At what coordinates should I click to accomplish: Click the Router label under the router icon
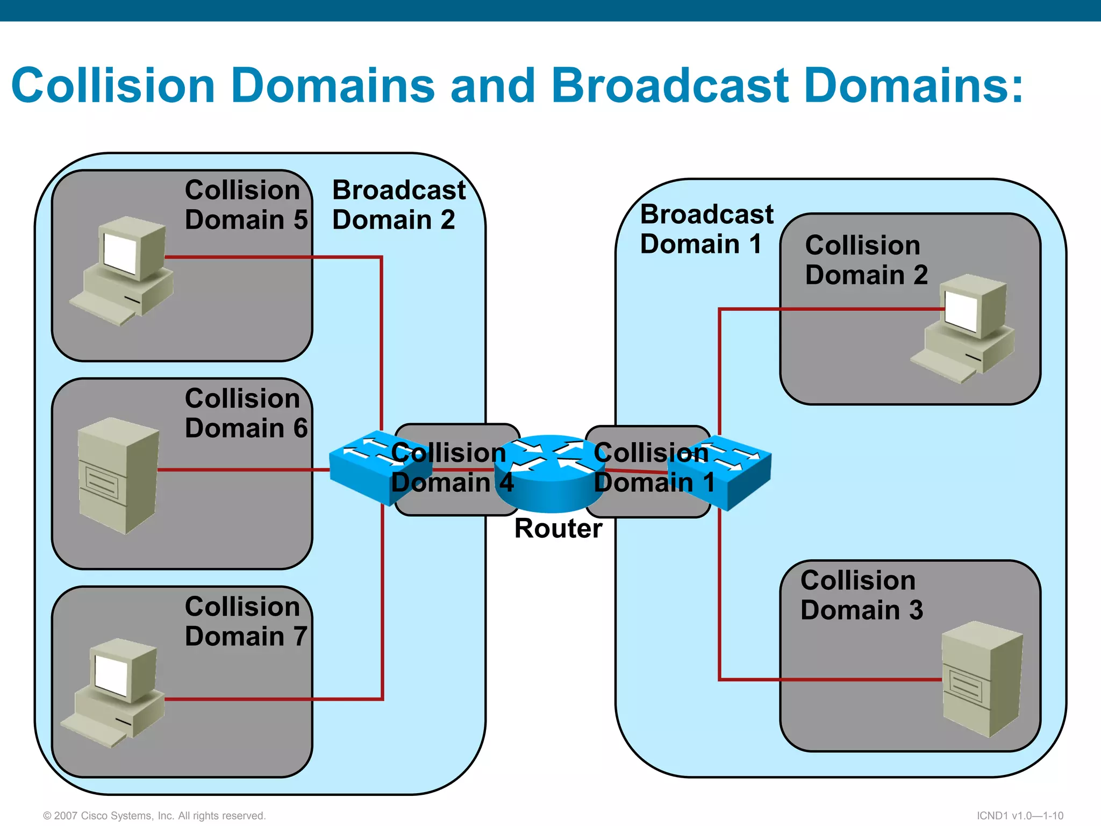click(x=558, y=528)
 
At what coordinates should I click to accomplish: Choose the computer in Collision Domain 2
click(x=965, y=328)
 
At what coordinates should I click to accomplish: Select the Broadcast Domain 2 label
click(x=398, y=205)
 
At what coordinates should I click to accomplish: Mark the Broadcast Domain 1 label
click(x=706, y=229)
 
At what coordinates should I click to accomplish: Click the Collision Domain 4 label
click(x=451, y=467)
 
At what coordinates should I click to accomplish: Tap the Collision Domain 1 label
click(x=653, y=467)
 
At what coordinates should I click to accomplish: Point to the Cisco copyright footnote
click(x=154, y=815)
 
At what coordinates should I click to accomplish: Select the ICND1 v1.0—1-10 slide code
click(x=1019, y=815)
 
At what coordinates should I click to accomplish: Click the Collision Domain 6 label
click(x=246, y=413)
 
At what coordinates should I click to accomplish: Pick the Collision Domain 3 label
click(x=861, y=595)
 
